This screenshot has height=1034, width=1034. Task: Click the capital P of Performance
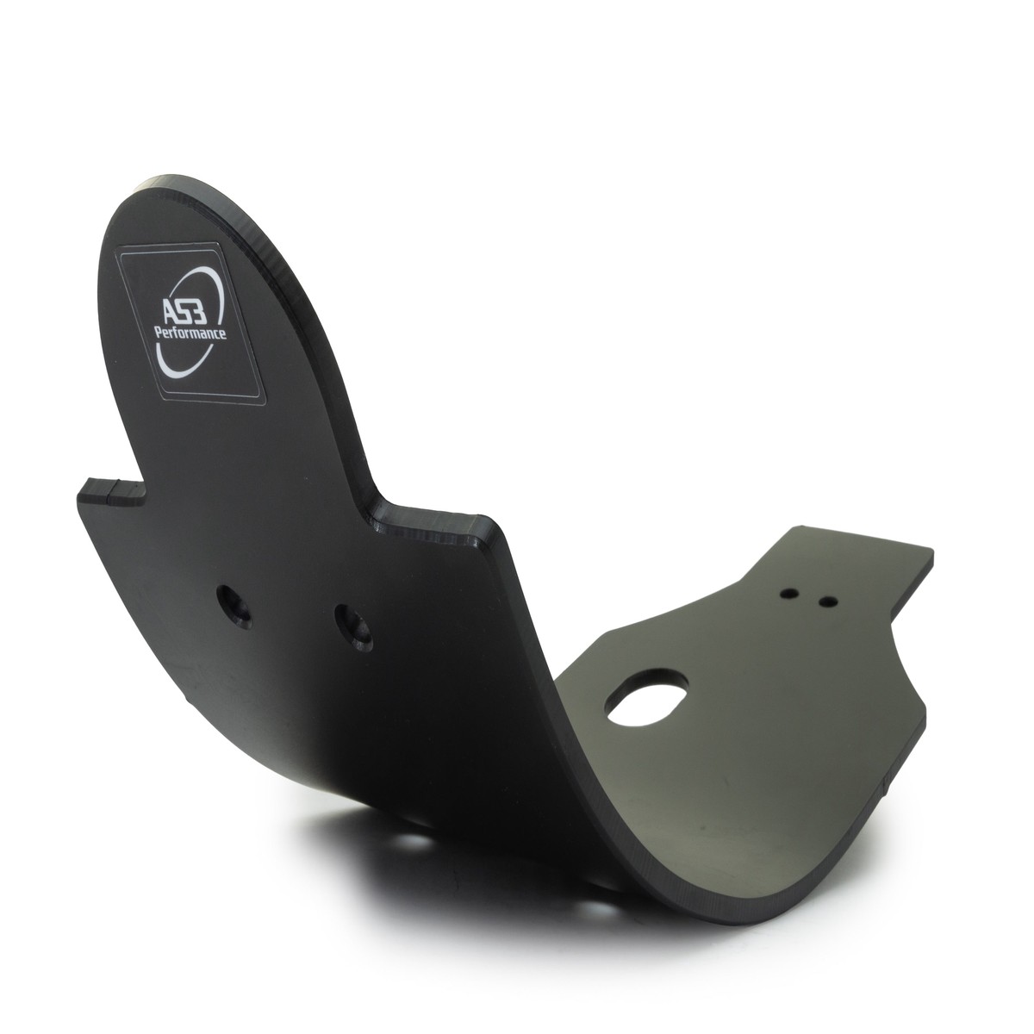(159, 331)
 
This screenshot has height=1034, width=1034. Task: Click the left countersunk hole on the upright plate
(234, 607)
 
